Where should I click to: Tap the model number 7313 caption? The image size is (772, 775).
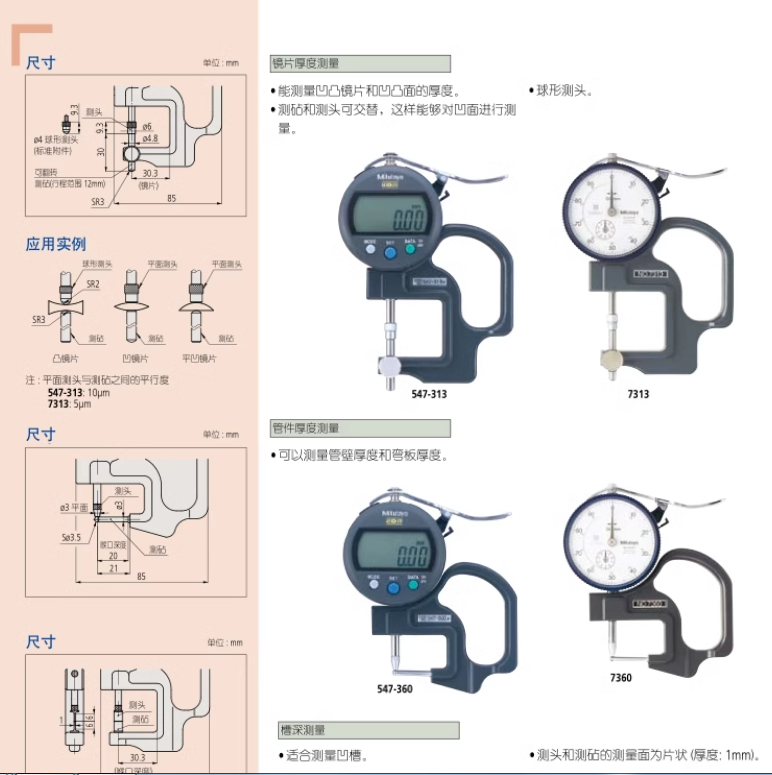coord(638,394)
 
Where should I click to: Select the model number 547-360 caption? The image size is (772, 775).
coord(394,689)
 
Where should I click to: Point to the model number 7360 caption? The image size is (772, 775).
coord(620,678)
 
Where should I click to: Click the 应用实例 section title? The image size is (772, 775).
coord(56,243)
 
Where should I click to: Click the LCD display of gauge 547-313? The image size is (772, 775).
coord(394,215)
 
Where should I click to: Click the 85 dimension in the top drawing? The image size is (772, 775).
coord(172,198)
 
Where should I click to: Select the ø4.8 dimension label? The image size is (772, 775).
coord(150,138)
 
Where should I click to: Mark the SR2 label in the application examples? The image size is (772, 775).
coord(93,284)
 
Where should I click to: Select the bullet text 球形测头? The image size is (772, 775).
coord(566,90)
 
